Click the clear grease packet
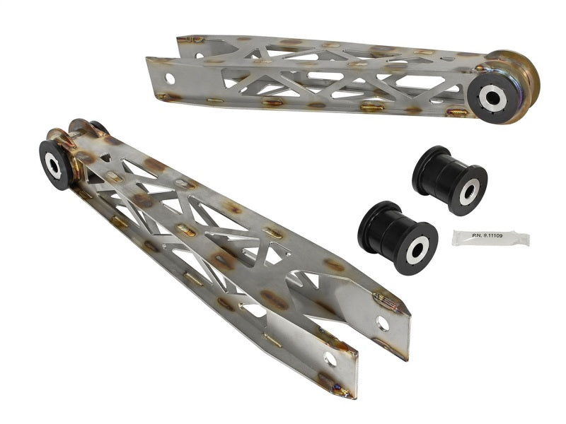point(490,238)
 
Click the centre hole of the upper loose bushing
point(468,191)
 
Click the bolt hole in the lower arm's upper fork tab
point(383,324)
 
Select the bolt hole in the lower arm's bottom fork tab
point(330,360)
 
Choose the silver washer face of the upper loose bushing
point(468,191)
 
